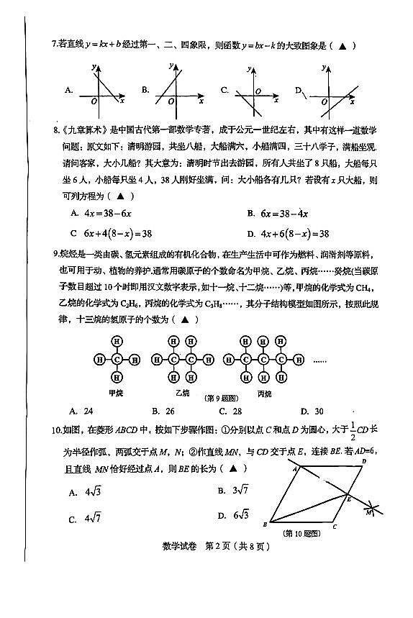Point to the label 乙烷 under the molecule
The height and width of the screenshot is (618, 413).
182,394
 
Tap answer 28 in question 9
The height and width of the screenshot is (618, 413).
237,411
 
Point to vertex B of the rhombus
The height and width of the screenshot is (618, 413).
267,524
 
